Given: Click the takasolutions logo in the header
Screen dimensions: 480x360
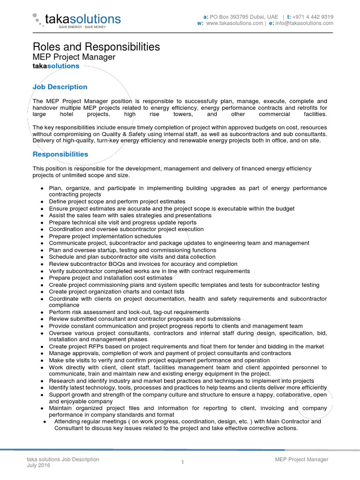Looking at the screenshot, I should [77, 19].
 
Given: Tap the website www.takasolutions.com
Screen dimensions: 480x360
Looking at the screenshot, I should [234, 23].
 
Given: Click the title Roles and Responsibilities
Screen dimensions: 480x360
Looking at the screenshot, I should [96, 47].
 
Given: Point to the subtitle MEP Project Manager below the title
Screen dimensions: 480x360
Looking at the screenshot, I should [74, 57].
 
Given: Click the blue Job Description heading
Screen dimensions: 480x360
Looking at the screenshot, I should [60, 87].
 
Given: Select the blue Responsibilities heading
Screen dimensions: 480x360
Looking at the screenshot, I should [60, 154].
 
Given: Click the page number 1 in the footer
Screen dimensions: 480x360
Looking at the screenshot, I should [183, 463].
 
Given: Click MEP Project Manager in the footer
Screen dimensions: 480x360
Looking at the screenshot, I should [301, 459].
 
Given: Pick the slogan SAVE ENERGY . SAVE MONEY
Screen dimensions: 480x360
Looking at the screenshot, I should [82, 27].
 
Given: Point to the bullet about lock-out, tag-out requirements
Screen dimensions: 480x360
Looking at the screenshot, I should [129, 312].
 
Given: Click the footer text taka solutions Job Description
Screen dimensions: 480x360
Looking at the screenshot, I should [63, 459].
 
